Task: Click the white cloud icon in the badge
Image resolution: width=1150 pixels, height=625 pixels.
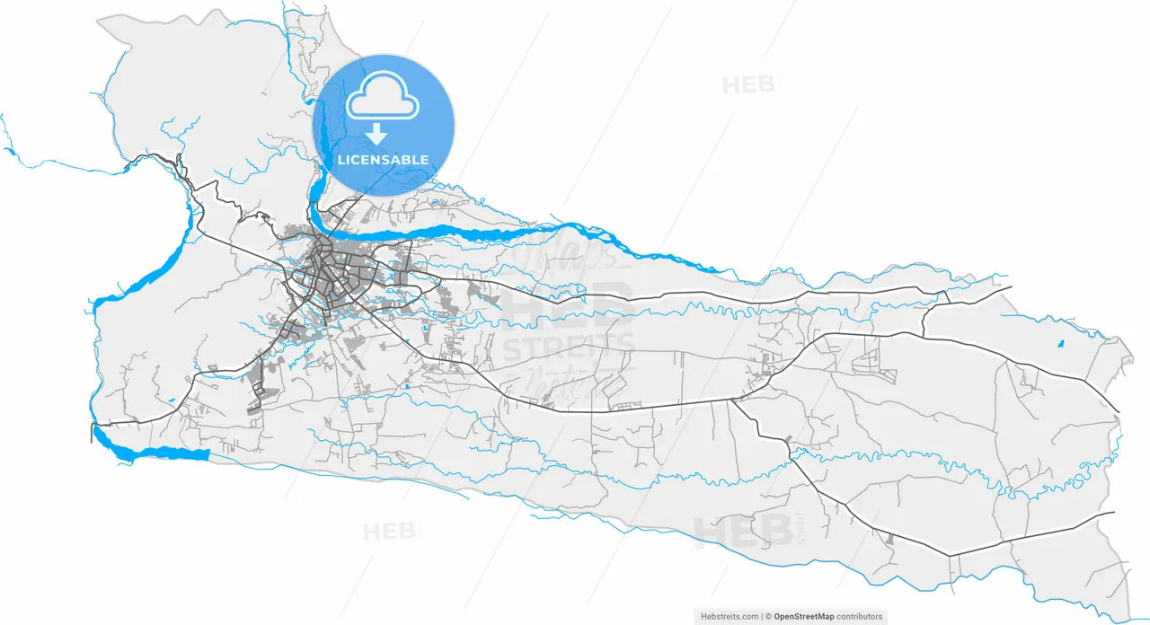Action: tap(383, 96)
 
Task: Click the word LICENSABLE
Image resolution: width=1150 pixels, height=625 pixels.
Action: tap(383, 160)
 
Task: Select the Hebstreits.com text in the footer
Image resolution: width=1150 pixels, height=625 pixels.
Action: tap(729, 616)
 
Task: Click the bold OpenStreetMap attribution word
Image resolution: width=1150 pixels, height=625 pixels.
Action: tap(804, 616)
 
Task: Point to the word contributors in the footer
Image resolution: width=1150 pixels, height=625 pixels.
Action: tap(859, 616)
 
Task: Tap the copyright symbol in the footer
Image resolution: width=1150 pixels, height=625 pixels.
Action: tap(769, 616)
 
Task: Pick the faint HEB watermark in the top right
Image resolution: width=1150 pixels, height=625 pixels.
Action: tap(747, 85)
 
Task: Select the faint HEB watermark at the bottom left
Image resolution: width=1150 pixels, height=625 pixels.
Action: tap(390, 532)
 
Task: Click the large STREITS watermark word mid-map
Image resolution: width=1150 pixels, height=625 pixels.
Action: tap(568, 346)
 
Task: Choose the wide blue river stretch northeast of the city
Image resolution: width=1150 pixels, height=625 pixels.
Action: tap(485, 233)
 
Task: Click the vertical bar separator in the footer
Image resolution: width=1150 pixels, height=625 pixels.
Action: tap(763, 616)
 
